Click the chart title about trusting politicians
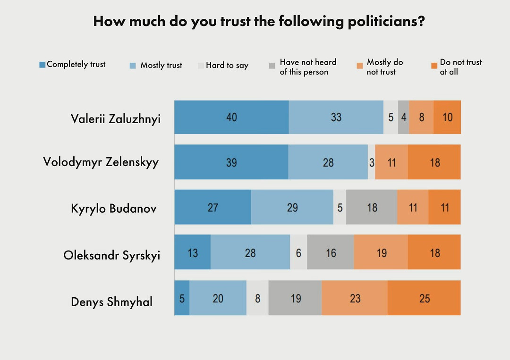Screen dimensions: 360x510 click(x=259, y=22)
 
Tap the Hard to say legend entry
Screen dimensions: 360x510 click(x=223, y=66)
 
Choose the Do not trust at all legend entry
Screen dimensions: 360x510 click(x=456, y=67)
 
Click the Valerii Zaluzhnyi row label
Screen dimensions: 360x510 click(x=116, y=118)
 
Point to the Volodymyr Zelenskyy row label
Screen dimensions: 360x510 click(x=101, y=162)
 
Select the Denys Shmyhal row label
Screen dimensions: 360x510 click(x=112, y=301)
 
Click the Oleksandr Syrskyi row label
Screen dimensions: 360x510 click(x=112, y=255)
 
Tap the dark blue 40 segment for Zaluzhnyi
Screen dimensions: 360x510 click(x=231, y=117)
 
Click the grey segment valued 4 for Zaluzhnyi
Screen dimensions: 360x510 click(x=404, y=117)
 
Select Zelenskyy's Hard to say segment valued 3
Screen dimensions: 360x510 click(x=372, y=162)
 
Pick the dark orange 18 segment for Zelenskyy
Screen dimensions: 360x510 click(x=434, y=162)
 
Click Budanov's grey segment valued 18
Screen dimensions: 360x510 click(x=372, y=207)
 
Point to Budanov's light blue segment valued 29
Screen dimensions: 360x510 click(x=292, y=207)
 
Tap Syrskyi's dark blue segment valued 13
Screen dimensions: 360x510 click(x=193, y=253)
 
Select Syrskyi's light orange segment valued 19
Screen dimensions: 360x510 click(x=381, y=253)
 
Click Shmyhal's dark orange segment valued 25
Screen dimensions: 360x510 click(x=424, y=298)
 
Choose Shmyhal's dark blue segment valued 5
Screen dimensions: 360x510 click(x=182, y=298)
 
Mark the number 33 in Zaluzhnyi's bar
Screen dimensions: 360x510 click(x=336, y=117)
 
